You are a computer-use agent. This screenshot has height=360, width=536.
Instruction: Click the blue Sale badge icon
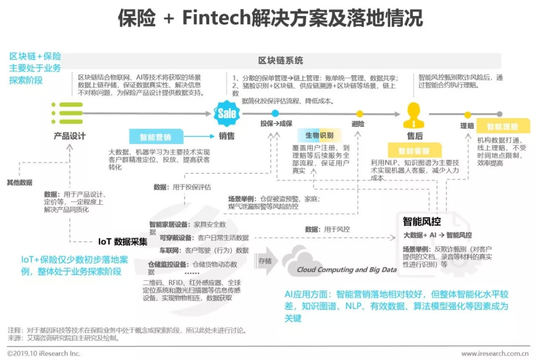point(227,114)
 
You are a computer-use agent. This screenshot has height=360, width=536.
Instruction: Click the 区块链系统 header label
point(280,60)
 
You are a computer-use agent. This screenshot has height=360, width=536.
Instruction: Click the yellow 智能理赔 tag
point(502,126)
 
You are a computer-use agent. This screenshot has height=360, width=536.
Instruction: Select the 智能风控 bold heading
point(422,222)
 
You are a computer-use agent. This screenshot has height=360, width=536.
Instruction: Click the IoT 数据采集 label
point(123,242)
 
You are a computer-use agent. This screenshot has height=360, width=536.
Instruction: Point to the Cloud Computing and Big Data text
point(346,270)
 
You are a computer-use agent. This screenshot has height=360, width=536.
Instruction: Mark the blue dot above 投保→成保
point(275,114)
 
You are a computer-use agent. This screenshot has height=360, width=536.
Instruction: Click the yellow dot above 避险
point(359,114)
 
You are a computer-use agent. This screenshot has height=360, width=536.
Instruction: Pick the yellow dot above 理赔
point(467,115)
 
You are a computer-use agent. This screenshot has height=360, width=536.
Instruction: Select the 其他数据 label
point(19,182)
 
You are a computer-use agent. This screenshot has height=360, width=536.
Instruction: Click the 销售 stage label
point(227,136)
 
